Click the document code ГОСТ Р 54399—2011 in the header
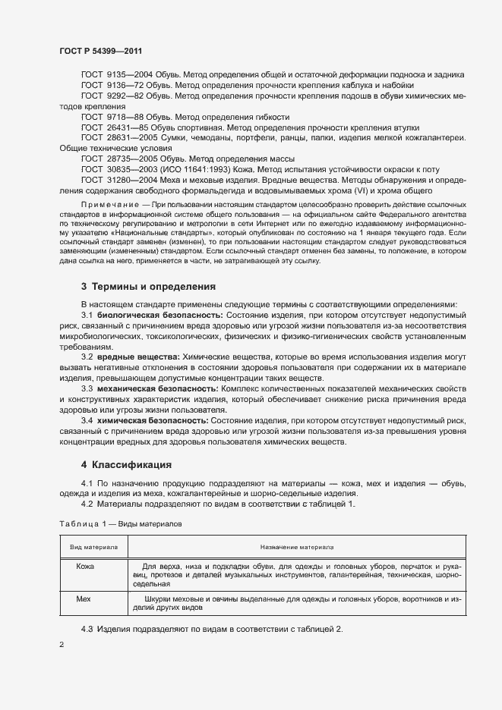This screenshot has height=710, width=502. (101, 51)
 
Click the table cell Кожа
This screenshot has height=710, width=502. (86, 566)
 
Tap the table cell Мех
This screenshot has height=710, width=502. (84, 598)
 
